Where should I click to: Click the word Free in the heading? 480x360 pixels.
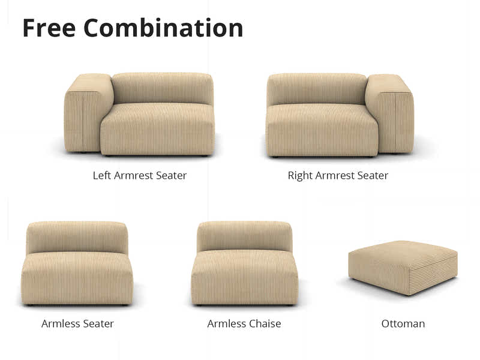[49, 28]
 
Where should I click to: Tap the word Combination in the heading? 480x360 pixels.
[163, 28]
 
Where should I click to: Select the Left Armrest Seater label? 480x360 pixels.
[139, 176]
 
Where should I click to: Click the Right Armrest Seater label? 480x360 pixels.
[338, 176]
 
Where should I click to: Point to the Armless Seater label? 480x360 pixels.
[77, 323]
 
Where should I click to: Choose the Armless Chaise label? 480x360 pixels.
[244, 323]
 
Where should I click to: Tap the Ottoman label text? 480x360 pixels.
[403, 323]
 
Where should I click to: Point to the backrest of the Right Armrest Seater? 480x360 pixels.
[316, 88]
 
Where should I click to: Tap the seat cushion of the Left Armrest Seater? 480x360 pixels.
[157, 129]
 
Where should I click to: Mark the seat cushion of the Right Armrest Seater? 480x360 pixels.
[322, 129]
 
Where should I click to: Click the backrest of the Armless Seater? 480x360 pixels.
[77, 236]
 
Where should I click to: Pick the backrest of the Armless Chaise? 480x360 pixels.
[244, 235]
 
